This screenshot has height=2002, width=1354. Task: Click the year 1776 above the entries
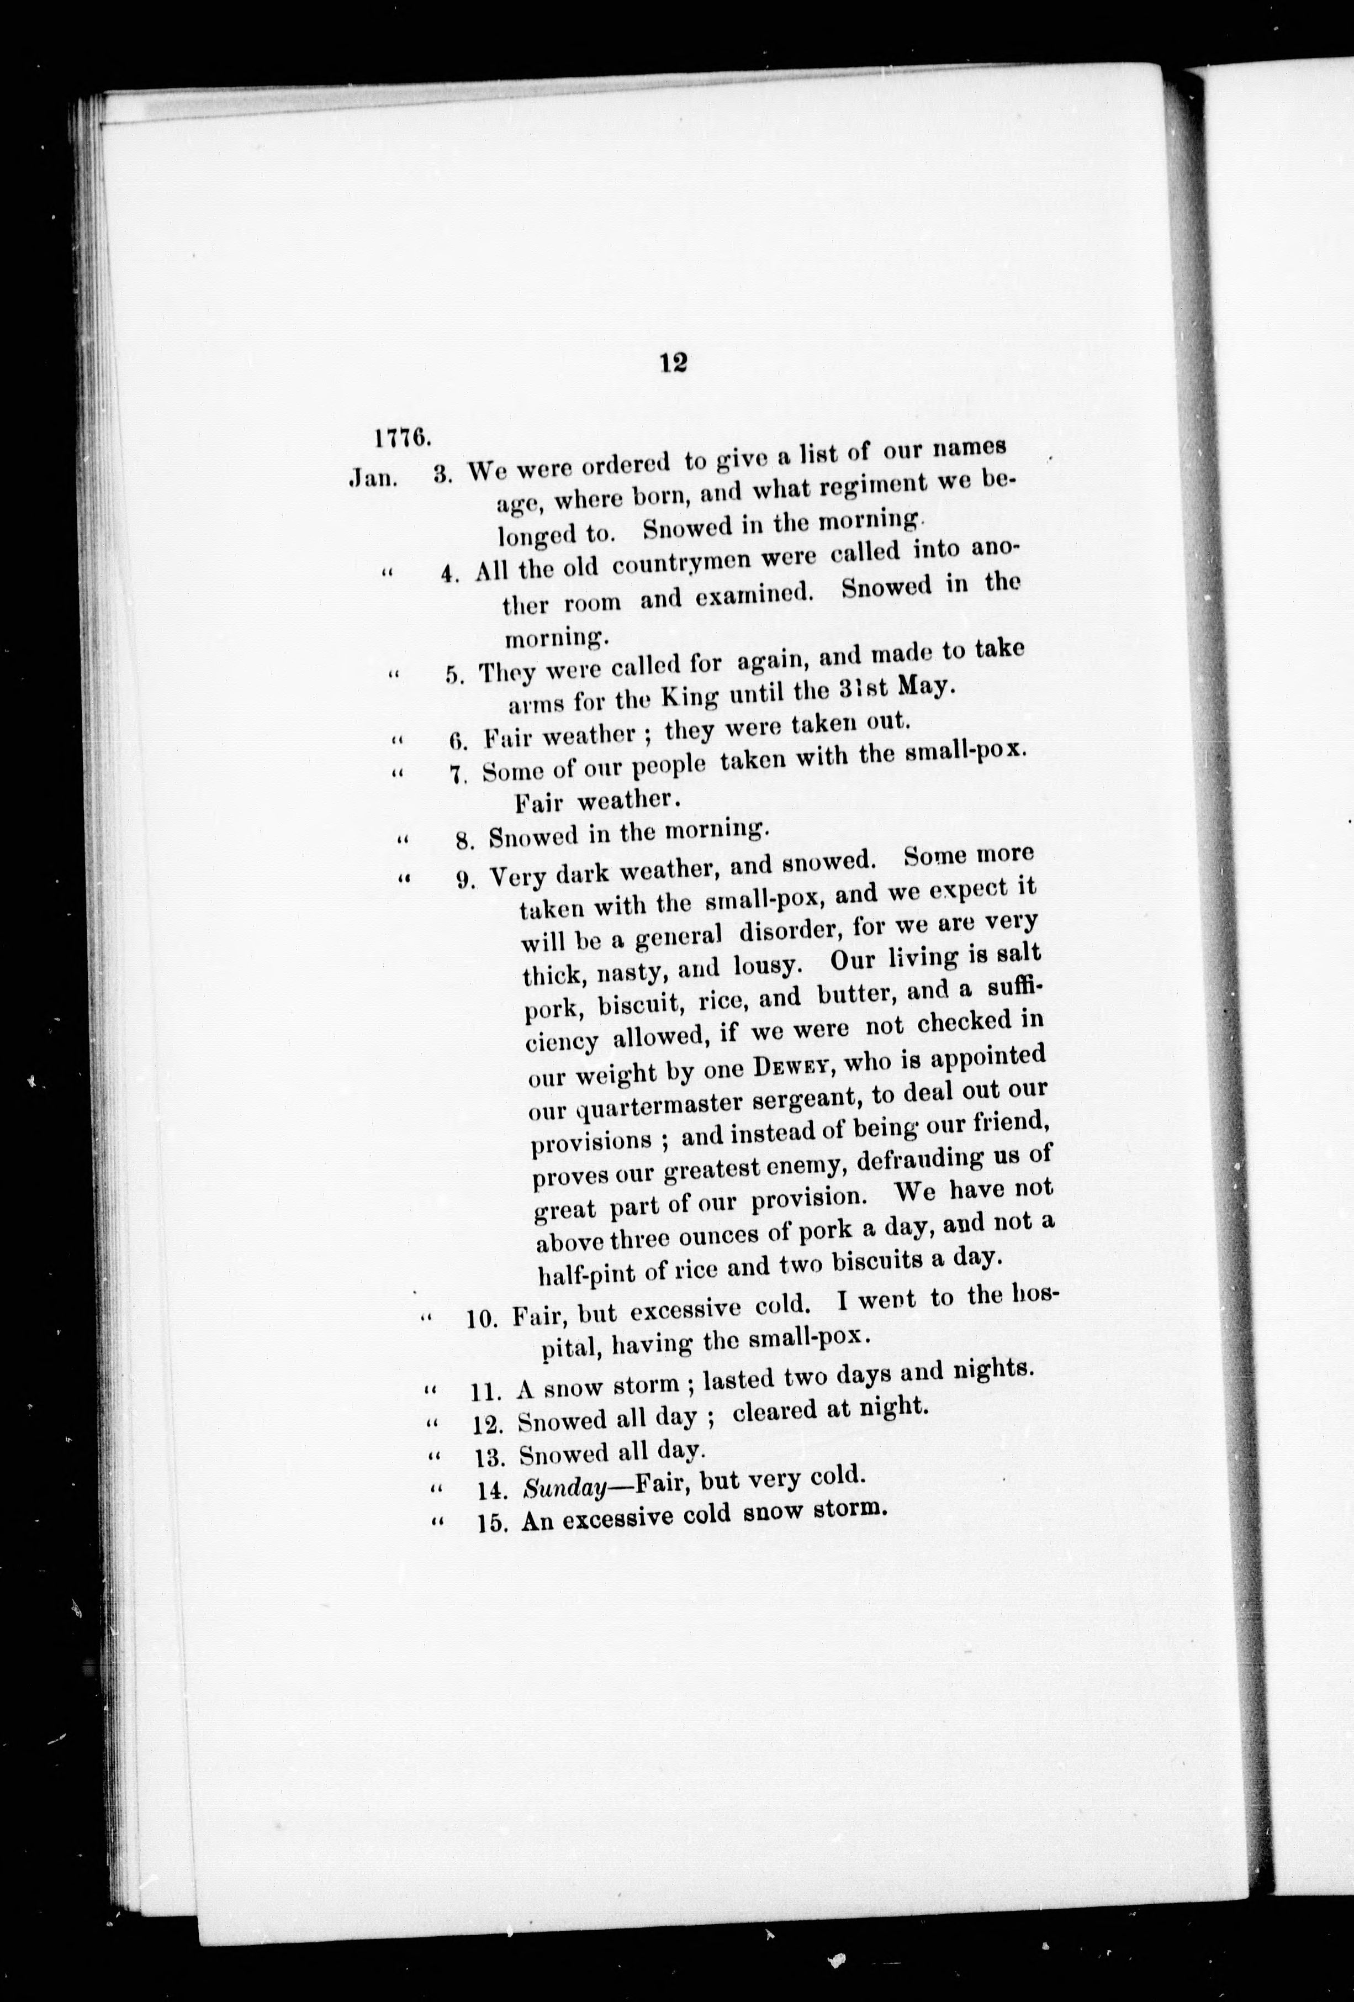click(x=402, y=437)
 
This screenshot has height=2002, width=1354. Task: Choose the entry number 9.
click(x=466, y=879)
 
